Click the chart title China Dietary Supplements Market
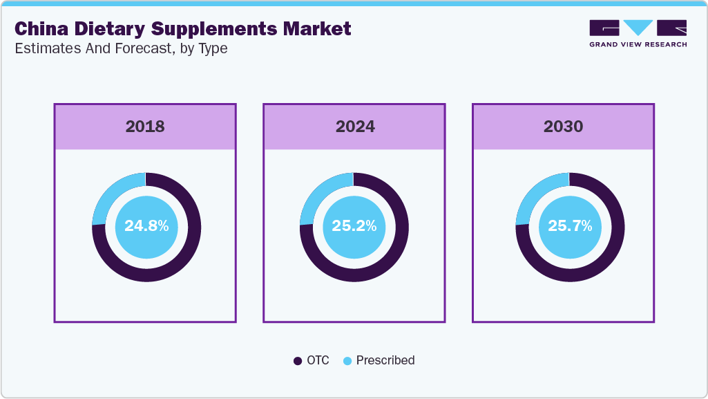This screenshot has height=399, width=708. point(183,29)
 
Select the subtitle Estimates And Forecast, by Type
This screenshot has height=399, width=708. point(121,48)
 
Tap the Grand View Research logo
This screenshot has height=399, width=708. point(638,33)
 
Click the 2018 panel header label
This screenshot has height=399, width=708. point(145,127)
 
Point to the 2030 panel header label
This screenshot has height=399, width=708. point(563,127)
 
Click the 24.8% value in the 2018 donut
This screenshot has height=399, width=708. point(146,226)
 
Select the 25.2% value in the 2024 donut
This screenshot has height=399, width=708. point(354,226)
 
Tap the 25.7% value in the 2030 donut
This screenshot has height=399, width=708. point(570,226)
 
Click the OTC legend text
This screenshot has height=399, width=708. point(318,360)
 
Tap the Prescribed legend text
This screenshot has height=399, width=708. point(385,360)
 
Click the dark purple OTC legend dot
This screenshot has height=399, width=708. point(298,361)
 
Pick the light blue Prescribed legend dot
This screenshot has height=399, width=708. point(347,361)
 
